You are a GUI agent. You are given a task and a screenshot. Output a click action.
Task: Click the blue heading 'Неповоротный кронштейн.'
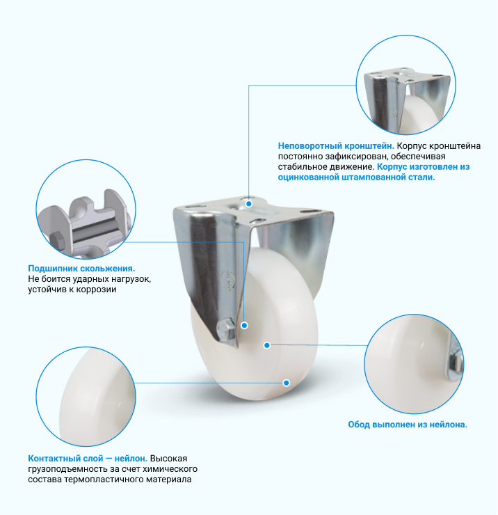[x=336, y=146]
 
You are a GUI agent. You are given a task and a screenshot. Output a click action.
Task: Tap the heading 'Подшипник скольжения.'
[x=81, y=269]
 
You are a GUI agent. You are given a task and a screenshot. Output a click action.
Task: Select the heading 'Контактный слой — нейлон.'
[x=88, y=458]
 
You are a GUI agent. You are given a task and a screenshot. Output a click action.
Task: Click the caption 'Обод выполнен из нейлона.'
[x=408, y=425]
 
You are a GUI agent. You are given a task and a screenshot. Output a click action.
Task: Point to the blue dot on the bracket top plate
[x=249, y=204]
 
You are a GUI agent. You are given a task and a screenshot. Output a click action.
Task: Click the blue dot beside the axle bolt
[x=244, y=325]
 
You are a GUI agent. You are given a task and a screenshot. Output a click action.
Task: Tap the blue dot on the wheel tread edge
[x=287, y=383]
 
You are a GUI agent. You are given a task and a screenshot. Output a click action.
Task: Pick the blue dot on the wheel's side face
[x=267, y=345]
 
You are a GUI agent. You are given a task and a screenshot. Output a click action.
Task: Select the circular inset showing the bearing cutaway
[x=86, y=209]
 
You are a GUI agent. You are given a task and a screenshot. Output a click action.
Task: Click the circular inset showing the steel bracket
[x=406, y=85]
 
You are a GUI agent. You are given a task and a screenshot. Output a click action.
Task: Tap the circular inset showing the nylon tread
[x=86, y=397]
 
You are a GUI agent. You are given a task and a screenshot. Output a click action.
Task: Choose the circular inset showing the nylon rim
[x=414, y=364]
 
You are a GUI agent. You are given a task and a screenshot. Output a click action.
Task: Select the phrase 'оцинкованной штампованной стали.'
[x=356, y=177]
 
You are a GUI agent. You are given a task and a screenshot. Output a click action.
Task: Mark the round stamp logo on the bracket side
[x=230, y=279]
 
